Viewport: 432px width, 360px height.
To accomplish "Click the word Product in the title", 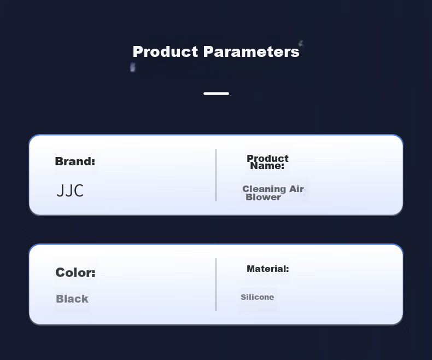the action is [x=165, y=51].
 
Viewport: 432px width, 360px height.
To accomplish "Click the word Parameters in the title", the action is [x=251, y=51].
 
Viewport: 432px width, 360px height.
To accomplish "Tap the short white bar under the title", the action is [x=217, y=94].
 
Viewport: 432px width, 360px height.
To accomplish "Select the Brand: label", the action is [x=75, y=161].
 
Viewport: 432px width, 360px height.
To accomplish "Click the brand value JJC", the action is [x=70, y=190].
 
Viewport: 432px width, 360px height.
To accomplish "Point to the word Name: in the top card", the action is [x=267, y=166].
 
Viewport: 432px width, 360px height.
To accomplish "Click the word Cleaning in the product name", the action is [x=264, y=189].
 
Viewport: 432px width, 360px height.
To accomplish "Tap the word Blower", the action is [x=263, y=197].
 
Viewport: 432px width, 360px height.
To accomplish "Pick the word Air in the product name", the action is [x=296, y=189].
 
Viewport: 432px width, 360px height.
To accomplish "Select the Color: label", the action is [x=75, y=272].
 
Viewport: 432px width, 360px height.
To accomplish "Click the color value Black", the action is [x=72, y=299].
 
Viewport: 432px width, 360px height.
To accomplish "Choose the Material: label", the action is [x=268, y=269].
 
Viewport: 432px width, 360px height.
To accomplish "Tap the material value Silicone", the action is [x=258, y=297].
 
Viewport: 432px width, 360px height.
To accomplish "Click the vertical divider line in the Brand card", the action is [x=216, y=175].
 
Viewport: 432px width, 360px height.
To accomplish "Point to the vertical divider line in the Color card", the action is [x=216, y=284].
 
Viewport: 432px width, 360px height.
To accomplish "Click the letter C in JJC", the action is [x=78, y=190].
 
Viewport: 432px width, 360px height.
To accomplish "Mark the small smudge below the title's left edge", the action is [x=132, y=67].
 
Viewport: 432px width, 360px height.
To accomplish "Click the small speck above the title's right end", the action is [x=301, y=43].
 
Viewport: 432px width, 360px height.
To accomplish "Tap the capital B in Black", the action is [x=60, y=299].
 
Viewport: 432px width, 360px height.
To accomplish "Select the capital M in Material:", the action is [x=250, y=269].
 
